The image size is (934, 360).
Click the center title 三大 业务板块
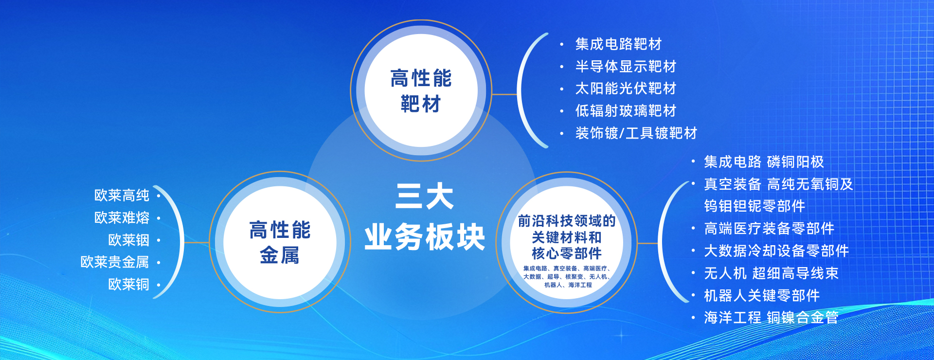click(425, 216)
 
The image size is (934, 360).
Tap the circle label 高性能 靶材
click(421, 91)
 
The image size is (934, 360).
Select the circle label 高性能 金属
click(280, 242)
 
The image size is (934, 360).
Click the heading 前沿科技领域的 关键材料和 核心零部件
click(567, 237)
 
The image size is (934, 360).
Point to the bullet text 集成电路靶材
click(618, 44)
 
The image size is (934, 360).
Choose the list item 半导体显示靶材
click(626, 66)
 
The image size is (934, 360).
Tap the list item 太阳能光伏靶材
click(626, 89)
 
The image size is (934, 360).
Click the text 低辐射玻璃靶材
click(626, 111)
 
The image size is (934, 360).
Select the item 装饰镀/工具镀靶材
click(636, 133)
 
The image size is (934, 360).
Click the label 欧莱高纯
click(122, 196)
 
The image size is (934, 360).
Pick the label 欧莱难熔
click(122, 218)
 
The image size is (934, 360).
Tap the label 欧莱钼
click(128, 240)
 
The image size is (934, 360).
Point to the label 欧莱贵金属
click(115, 262)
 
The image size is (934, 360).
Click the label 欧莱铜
click(128, 285)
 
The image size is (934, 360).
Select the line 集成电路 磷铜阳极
click(764, 162)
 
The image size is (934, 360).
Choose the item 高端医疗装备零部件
click(769, 229)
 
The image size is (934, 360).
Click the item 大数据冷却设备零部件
click(776, 251)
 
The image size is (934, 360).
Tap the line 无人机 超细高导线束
click(771, 273)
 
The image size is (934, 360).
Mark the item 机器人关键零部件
click(762, 295)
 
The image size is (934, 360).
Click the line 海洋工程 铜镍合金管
click(771, 318)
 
